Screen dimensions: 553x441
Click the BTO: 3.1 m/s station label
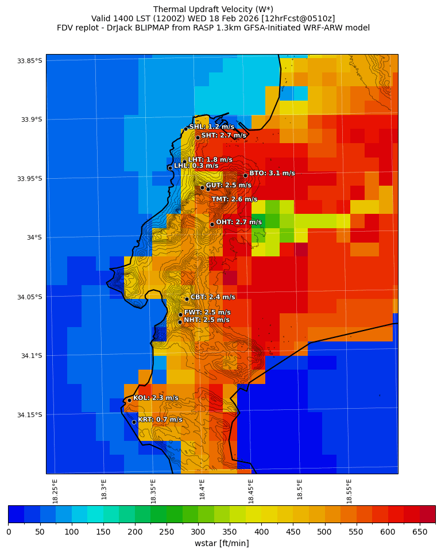[x=272, y=173]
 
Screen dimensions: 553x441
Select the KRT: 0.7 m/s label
[x=160, y=420]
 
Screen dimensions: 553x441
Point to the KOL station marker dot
[x=129, y=400]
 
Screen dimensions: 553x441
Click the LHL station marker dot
[x=170, y=168]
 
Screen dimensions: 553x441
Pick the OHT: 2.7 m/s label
[x=238, y=222]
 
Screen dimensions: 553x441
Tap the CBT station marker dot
[x=187, y=299]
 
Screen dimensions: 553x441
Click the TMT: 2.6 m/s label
[x=234, y=199]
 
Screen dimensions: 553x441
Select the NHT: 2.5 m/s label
[x=206, y=320]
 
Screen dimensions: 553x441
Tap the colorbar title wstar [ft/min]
[x=222, y=543]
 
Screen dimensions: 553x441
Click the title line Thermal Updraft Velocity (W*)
[x=212, y=9]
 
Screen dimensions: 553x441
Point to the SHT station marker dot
[x=198, y=137]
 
